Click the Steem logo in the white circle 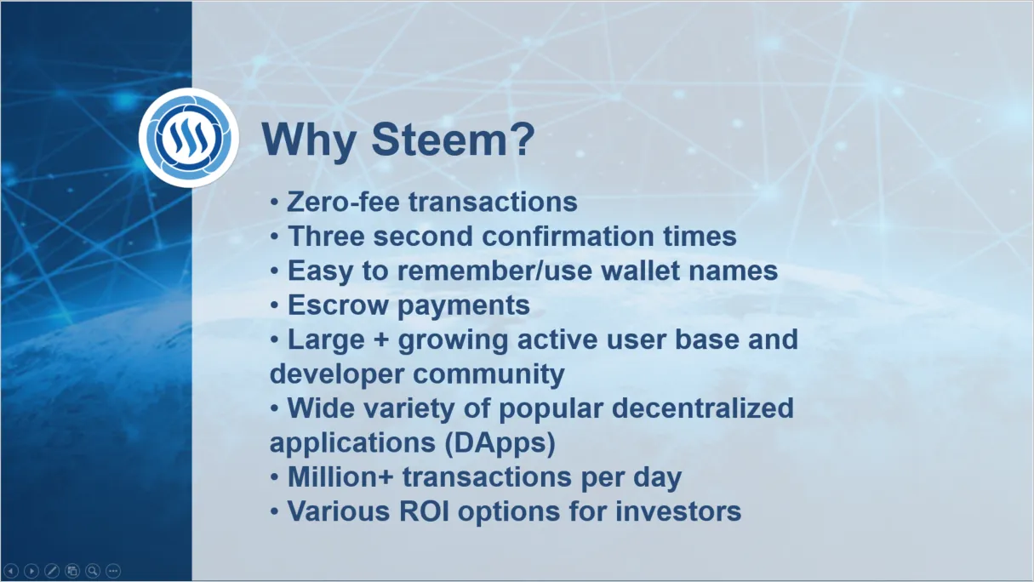click(188, 138)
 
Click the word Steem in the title click(453, 140)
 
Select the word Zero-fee click(344, 202)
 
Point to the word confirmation click(568, 236)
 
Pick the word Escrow click(338, 305)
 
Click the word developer click(336, 374)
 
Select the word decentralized click(703, 408)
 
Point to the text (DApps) click(500, 443)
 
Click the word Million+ click(340, 476)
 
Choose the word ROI click(424, 511)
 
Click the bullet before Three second click(275, 237)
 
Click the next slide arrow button click(31, 572)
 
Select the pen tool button click(52, 572)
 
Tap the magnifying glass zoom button click(93, 572)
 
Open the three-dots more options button click(113, 572)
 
